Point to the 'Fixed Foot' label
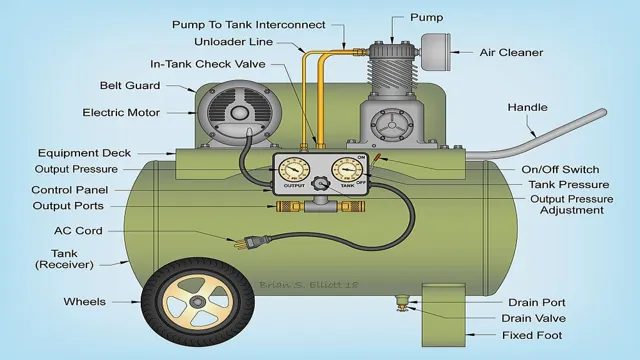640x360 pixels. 532,334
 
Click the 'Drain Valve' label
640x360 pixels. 533,317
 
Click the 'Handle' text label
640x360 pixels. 529,106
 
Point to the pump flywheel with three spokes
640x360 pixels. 391,129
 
